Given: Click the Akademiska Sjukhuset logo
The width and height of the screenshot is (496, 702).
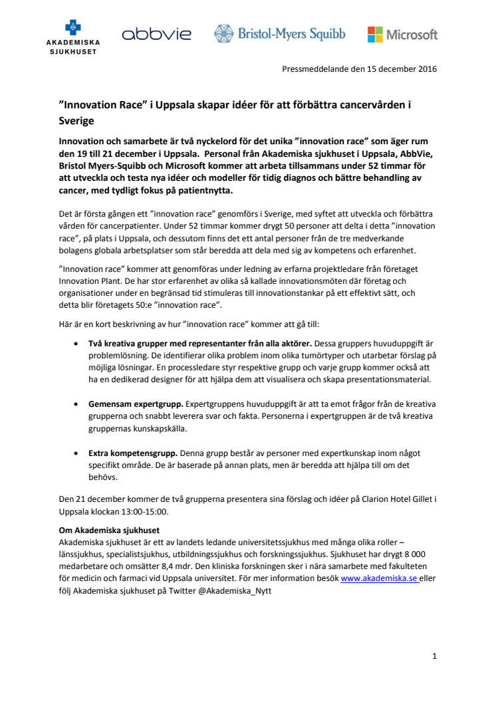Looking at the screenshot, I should (73, 37).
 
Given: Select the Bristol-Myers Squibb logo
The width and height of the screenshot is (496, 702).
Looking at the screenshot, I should (279, 34).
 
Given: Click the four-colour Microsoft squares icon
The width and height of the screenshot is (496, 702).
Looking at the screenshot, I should (375, 34).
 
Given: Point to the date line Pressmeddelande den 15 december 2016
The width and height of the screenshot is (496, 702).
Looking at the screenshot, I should (360, 68).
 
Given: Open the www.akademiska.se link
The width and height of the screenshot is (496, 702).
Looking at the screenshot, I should (379, 579).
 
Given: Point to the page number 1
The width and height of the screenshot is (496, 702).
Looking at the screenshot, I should (434, 656).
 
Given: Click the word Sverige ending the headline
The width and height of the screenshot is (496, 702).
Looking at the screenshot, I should (76, 122).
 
